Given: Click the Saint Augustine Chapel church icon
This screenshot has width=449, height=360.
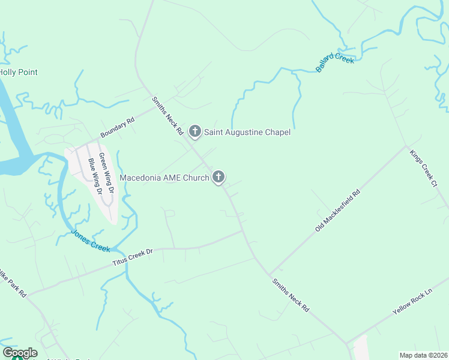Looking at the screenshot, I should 194,131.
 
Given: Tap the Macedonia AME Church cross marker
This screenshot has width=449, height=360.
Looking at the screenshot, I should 218,176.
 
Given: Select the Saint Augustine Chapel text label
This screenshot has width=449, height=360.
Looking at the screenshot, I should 247,132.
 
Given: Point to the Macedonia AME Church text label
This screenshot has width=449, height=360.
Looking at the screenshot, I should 164,178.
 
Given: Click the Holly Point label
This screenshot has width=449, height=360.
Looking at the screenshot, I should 19,73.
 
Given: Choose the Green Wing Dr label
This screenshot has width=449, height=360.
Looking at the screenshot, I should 106,173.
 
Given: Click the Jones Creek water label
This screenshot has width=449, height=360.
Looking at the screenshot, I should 91,241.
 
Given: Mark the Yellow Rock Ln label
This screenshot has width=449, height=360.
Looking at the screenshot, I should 412,305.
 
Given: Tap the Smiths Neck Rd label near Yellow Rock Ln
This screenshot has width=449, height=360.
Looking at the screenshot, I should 290,295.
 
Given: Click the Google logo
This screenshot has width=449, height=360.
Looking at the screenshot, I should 20,353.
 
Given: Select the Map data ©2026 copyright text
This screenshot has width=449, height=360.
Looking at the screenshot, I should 423,355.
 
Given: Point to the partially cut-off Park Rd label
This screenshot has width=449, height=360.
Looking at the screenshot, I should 13,282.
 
